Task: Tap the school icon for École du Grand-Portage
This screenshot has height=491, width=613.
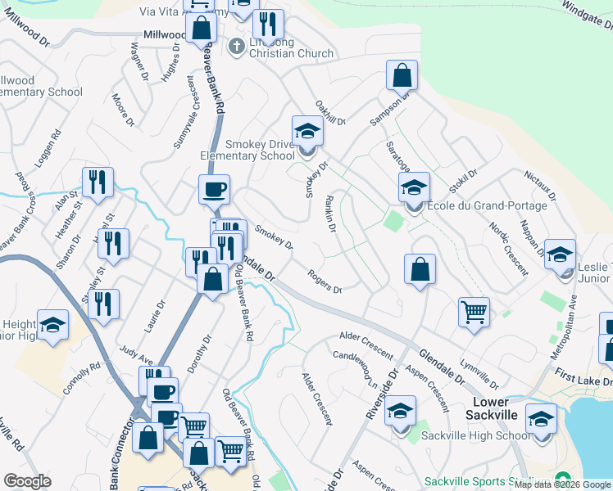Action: pyautogui.click(x=414, y=187)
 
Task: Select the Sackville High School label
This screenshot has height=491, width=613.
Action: pyautogui.click(x=475, y=435)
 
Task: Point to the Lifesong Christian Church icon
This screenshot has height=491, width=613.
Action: pyautogui.click(x=238, y=45)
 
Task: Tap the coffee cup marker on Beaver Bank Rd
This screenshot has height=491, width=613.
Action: pyautogui.click(x=214, y=190)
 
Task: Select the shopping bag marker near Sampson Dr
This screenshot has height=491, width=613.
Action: pyautogui.click(x=402, y=75)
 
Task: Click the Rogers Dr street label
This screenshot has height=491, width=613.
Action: pyautogui.click(x=325, y=281)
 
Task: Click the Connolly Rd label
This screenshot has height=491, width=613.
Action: pyautogui.click(x=82, y=376)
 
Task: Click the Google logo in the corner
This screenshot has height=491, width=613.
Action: pyautogui.click(x=28, y=481)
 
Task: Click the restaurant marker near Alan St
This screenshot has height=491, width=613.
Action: pyautogui.click(x=98, y=183)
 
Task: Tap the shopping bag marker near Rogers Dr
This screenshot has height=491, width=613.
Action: pyautogui.click(x=419, y=269)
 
